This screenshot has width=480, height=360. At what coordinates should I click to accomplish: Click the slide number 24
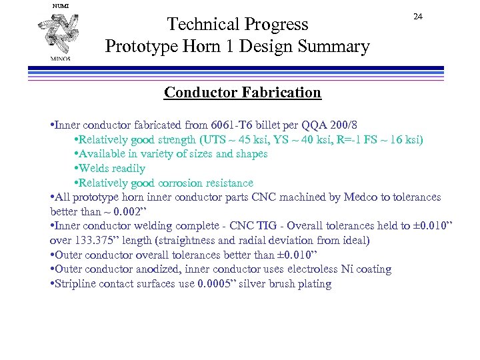point(418,17)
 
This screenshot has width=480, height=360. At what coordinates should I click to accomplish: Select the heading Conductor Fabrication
point(243,92)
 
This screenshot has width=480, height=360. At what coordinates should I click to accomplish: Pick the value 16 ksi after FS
point(402,139)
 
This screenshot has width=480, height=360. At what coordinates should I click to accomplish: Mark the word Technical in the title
point(201,24)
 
